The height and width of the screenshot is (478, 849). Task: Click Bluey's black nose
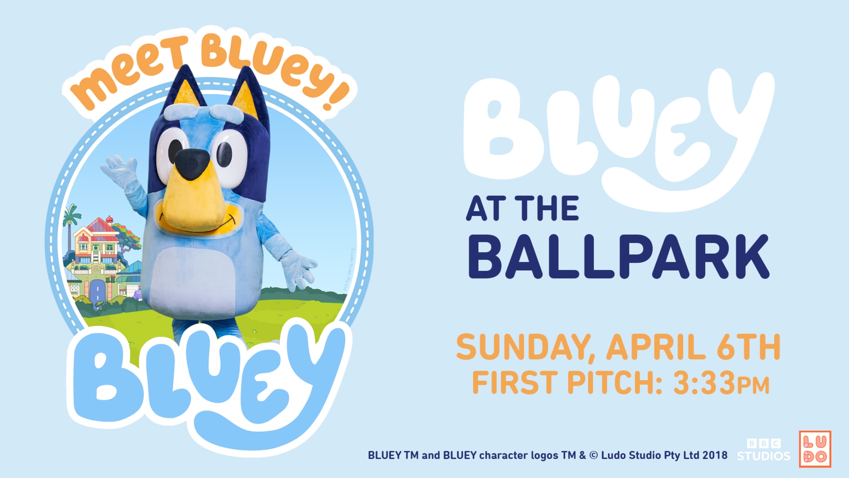coord(192,164)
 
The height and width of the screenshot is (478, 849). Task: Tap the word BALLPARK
coord(619,257)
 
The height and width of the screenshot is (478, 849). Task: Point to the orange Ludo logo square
coord(815,449)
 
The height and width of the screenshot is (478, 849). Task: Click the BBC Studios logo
coord(764,450)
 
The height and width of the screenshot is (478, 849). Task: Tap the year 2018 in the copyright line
coord(715,455)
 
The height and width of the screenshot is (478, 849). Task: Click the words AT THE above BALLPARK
coord(523,208)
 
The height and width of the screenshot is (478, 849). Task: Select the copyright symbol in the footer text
coord(594,456)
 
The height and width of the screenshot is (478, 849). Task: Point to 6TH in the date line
coord(749,347)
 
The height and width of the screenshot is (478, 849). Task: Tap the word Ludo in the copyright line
coord(613,455)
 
